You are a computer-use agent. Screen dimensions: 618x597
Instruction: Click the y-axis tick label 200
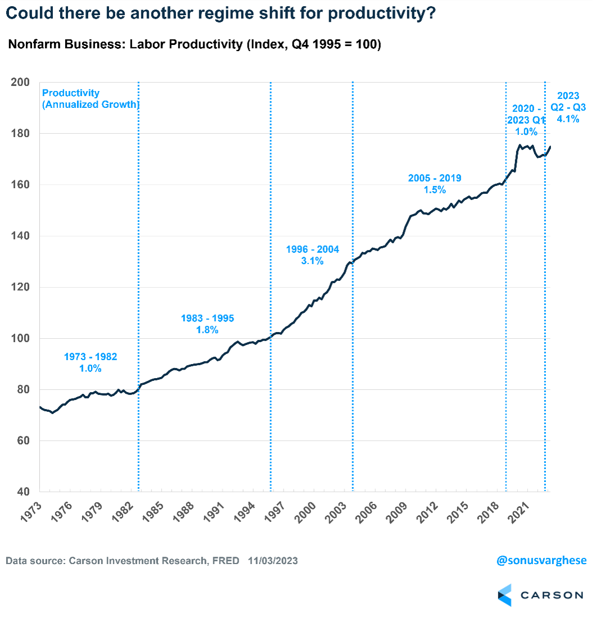(20, 82)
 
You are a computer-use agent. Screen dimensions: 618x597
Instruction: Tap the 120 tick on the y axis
(20, 287)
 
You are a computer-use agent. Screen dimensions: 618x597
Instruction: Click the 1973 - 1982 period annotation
(90, 356)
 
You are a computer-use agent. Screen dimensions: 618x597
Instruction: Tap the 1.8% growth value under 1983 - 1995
(207, 330)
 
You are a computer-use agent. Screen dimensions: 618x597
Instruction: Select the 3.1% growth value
(313, 261)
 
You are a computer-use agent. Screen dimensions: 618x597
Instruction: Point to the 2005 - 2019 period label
(435, 178)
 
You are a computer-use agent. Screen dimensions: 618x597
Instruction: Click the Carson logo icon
(505, 595)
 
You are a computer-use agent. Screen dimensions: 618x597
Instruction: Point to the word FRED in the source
(226, 561)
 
